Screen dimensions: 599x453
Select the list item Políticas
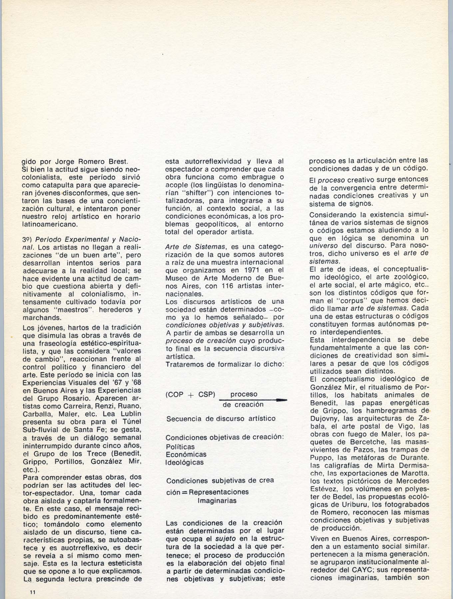180,447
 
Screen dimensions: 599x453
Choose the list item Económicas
186,454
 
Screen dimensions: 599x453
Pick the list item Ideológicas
184,462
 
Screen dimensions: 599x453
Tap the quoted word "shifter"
205,193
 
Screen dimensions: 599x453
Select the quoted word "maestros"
73,310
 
